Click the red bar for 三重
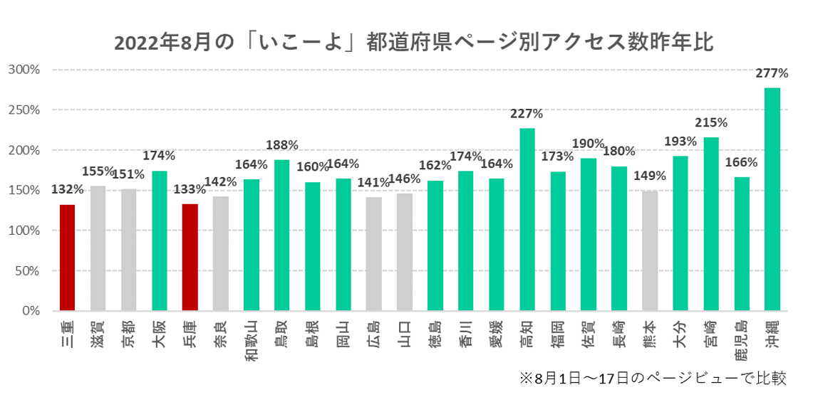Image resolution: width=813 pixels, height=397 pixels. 67,258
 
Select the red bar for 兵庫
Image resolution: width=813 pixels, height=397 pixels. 190,258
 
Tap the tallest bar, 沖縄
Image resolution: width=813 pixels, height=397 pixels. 772,199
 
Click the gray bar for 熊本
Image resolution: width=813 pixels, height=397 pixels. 649,250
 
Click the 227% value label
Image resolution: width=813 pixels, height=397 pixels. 527,114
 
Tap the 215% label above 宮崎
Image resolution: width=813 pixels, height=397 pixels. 710,123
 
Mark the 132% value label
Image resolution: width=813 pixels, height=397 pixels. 67,189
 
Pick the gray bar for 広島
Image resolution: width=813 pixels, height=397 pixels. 373,254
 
